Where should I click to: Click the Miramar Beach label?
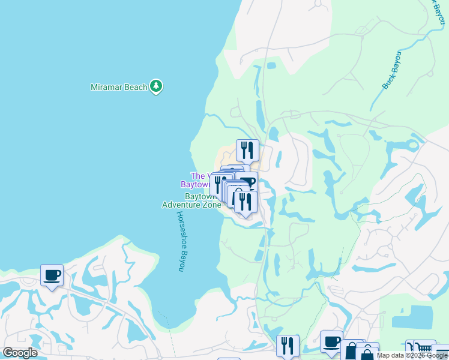tap(119, 87)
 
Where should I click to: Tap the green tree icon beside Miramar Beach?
tap(156, 86)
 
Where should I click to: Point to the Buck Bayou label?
tap(392, 71)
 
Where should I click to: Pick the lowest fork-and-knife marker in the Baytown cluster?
tap(246, 202)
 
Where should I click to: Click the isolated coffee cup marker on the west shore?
tap(52, 275)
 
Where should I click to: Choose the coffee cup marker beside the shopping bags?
tap(331, 341)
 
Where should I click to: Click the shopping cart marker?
tap(424, 349)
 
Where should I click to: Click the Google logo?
tap(20, 353)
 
